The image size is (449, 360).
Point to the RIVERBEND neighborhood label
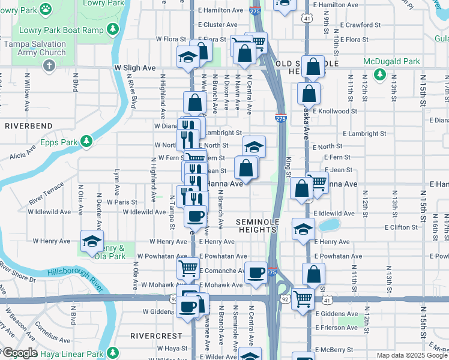pyautogui.click(x=28, y=126)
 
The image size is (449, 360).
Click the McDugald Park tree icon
pyautogui.click(x=379, y=74)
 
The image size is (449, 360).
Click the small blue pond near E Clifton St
pyautogui.click(x=328, y=226)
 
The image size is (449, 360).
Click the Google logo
pyautogui.click(x=20, y=353)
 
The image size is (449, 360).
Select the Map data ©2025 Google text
pyautogui.click(x=411, y=355)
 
